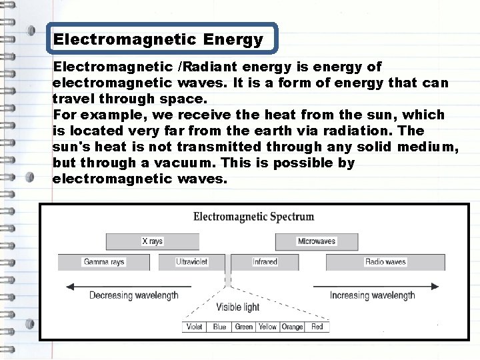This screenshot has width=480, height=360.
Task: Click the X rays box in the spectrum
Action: pyautogui.click(x=153, y=241)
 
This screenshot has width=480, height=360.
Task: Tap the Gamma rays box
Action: pyautogui.click(x=104, y=262)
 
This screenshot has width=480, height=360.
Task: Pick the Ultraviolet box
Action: pyautogui.click(x=193, y=262)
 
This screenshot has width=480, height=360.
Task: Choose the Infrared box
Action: pyautogui.click(x=265, y=262)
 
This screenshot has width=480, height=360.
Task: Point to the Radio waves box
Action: pyautogui.click(x=385, y=262)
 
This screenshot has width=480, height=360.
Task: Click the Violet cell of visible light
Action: pyautogui.click(x=195, y=327)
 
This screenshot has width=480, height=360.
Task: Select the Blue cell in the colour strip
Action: pyautogui.click(x=219, y=327)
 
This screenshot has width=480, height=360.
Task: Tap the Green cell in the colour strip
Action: pyautogui.click(x=244, y=327)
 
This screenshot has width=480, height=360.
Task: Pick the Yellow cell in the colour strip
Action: pyautogui.click(x=267, y=327)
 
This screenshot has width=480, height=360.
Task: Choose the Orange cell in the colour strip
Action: pyautogui.click(x=292, y=327)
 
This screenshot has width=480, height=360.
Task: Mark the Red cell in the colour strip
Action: pyautogui.click(x=317, y=327)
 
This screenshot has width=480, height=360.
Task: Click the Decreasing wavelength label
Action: pyautogui.click(x=133, y=295)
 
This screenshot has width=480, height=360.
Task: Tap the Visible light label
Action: pyautogui.click(x=238, y=307)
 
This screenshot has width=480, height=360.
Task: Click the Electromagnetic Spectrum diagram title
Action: pyautogui.click(x=253, y=217)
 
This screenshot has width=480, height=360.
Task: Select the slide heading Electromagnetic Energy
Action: pyautogui.click(x=158, y=39)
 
